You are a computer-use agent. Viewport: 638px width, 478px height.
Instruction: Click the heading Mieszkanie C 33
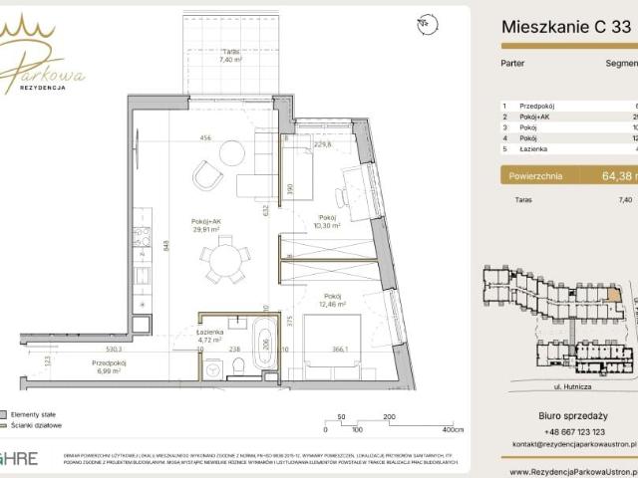564,28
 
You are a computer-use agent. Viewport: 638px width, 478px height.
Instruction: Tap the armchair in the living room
207,176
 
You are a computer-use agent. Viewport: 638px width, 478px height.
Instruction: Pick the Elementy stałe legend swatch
4,413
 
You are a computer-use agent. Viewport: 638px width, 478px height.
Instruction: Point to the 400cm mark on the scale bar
453,429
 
